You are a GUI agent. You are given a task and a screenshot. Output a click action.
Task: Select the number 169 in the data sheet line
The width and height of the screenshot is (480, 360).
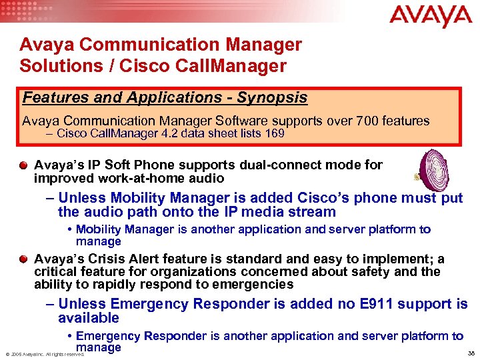coord(274,133)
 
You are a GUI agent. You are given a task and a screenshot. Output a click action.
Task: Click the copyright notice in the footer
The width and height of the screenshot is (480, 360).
coord(45,354)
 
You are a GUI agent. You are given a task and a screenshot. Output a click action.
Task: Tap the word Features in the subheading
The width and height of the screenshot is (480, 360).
coord(51,97)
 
